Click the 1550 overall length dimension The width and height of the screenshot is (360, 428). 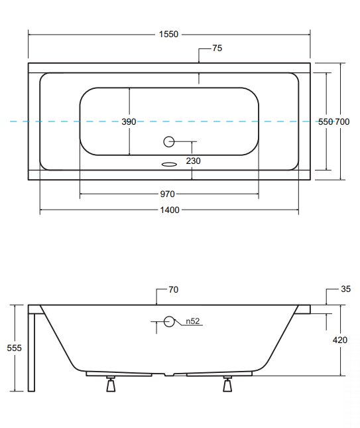168,35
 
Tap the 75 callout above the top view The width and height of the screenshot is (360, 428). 217,48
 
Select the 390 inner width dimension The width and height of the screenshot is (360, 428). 129,121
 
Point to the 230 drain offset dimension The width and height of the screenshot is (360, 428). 194,161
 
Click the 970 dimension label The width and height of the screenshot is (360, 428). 167,194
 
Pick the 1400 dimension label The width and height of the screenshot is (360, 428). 170,210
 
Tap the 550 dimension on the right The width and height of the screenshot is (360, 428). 326,121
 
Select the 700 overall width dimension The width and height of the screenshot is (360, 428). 342,121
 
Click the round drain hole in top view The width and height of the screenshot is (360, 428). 169,141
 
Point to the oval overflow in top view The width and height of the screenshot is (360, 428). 169,164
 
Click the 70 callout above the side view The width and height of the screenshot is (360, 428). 174,289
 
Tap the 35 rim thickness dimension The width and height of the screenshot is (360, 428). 346,289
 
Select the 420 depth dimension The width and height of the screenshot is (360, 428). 340,340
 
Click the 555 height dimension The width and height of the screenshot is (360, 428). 14,348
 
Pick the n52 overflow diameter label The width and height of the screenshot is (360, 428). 193,321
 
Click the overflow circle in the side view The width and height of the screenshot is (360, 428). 169,322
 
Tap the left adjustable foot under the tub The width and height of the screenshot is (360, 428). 111,384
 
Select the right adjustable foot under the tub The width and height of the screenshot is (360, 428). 227,384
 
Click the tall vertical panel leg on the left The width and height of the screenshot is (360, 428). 32,352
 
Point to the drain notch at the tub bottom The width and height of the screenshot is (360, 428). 169,374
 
